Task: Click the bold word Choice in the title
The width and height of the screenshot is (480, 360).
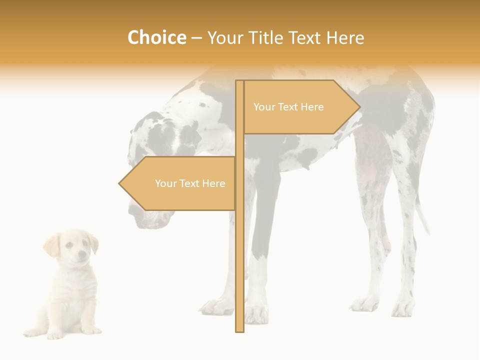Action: (156, 37)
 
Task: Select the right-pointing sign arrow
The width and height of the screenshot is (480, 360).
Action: (300, 107)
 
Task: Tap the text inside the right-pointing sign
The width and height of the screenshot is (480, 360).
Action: (288, 107)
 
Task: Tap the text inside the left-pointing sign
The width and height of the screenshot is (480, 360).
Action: (190, 183)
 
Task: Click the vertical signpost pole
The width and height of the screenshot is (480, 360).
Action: (239, 250)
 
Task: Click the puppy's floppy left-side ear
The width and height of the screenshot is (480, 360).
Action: (51, 245)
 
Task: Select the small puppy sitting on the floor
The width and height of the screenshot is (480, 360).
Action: (67, 285)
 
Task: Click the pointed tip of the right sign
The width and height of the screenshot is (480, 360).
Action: (358, 107)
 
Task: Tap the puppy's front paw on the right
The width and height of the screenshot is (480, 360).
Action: (91, 330)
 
